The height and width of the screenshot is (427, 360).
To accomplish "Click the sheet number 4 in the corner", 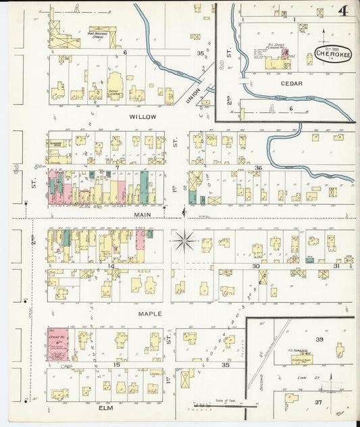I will (x=343, y=11).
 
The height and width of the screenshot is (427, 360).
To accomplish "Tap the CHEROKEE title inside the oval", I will (x=332, y=55).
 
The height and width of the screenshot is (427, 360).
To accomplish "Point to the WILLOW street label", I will (x=143, y=116).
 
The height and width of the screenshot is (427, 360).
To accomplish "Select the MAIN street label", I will (x=143, y=214).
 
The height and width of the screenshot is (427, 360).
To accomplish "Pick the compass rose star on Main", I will (x=184, y=240).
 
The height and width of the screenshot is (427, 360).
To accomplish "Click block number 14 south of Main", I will (x=111, y=267).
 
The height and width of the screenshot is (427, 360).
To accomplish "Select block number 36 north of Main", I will (x=259, y=168).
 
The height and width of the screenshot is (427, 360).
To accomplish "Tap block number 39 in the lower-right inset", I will (x=319, y=339).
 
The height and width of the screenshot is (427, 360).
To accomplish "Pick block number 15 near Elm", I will (x=116, y=365).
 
